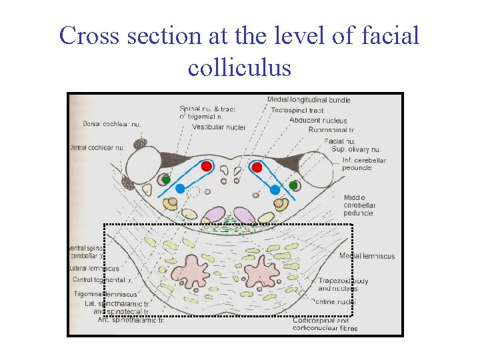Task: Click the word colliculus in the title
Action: coord(239,67)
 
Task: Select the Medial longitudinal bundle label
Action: coord(309,100)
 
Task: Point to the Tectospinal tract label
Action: coord(297,110)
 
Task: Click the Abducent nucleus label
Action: coord(318,120)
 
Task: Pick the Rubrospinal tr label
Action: coord(335,130)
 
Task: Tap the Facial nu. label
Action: coord(338,141)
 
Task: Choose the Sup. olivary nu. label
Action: coord(356,149)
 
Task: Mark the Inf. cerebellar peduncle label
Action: coord(364,163)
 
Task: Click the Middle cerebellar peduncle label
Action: coord(359,205)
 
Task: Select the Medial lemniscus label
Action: coord(367,256)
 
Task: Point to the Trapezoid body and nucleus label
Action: coord(343,285)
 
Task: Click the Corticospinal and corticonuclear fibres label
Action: coord(325,324)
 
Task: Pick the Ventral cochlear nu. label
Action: coord(97,147)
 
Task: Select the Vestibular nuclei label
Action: coord(218,127)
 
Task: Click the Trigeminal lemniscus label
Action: coord(106,294)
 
